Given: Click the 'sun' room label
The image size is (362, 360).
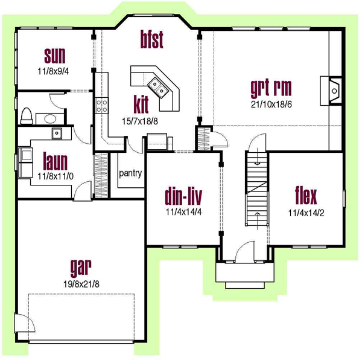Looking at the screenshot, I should pyautogui.click(x=56, y=57).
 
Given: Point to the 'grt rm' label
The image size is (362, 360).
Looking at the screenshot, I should pyautogui.click(x=271, y=88).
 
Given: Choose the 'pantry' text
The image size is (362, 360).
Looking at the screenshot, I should pyautogui.click(x=130, y=174).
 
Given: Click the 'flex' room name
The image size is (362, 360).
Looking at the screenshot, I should pyautogui.click(x=306, y=196).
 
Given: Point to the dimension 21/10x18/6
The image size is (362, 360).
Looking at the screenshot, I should pyautogui.click(x=271, y=104).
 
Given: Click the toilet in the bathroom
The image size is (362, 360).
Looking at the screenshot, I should pyautogui.click(x=27, y=115).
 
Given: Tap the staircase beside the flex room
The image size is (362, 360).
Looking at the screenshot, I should pyautogui.click(x=256, y=187).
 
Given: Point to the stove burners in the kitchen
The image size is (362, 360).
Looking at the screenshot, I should pyautogui.click(x=101, y=106).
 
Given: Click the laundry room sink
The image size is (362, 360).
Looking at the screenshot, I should pyautogui.click(x=57, y=132).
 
